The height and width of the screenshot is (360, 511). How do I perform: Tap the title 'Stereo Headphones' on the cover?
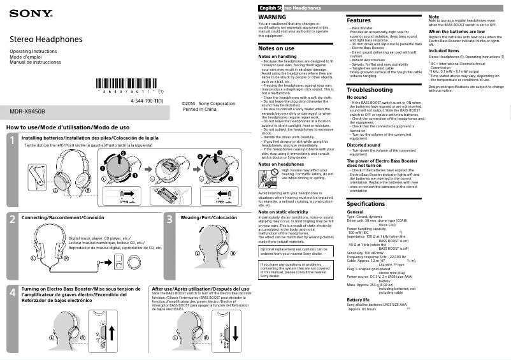click(x=46, y=40)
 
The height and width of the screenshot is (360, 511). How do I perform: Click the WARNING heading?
click(x=272, y=16)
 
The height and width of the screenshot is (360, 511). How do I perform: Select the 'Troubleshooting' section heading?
click(x=370, y=90)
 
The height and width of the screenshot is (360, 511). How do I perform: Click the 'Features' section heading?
click(x=359, y=21)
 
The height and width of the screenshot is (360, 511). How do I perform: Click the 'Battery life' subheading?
click(x=357, y=299)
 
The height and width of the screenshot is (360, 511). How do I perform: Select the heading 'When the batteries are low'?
click(x=456, y=31)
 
